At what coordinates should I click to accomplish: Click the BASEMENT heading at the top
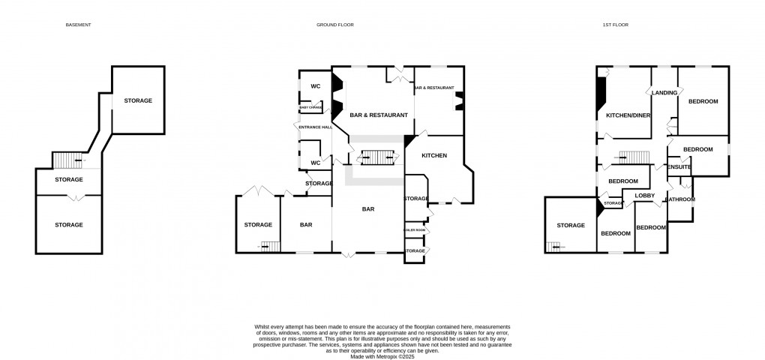coord(79,25)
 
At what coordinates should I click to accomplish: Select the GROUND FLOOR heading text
coord(334,25)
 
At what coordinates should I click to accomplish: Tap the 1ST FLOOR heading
coord(616,25)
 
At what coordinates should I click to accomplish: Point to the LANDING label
coord(664,93)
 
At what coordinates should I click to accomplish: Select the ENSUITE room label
coord(679,166)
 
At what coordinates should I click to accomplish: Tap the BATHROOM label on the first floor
coord(681,199)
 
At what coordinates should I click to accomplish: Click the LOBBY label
coord(645,196)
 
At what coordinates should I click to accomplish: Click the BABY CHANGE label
coord(311,108)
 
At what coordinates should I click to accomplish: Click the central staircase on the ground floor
coord(378,157)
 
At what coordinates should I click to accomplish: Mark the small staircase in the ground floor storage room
coord(268,246)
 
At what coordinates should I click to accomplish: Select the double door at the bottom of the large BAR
coord(348,255)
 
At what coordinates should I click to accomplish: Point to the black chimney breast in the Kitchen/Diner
coord(600,93)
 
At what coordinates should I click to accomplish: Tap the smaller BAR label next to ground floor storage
coord(306,224)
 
